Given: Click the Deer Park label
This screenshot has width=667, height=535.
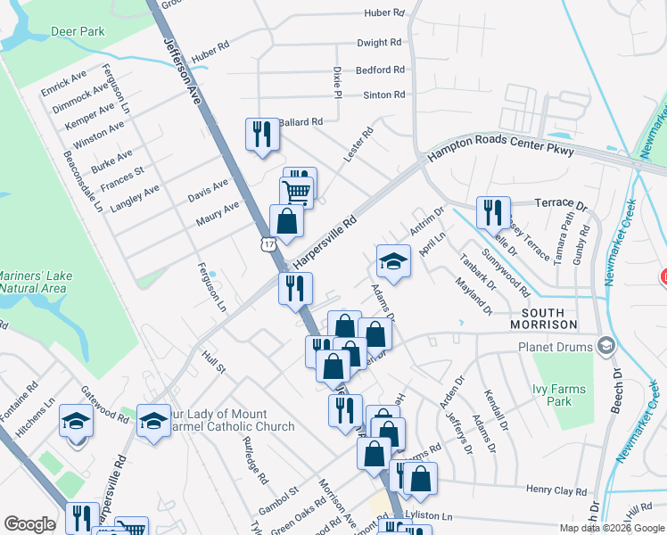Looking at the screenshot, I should [79, 31].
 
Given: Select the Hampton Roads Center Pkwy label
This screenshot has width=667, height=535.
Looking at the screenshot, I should [502, 152].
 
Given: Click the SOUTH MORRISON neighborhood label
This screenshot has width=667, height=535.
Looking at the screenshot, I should [543, 318].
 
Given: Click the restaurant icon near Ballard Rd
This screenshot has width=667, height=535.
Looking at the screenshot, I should [261, 135].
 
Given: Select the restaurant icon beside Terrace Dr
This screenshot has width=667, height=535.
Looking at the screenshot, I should [493, 211].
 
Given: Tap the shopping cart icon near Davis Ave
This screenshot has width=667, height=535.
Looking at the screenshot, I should [296, 191].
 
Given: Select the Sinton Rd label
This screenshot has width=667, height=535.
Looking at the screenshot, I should [383, 95].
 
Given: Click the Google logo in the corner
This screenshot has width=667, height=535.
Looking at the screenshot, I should [29, 524].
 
